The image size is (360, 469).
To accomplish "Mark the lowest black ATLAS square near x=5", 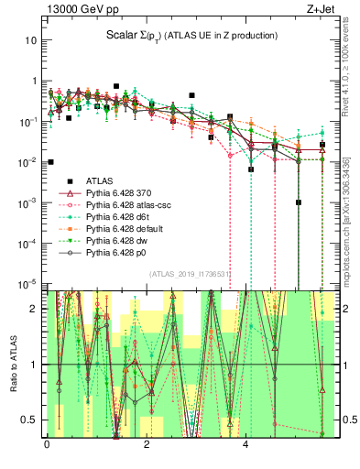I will pyautogui.click(x=299, y=202).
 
